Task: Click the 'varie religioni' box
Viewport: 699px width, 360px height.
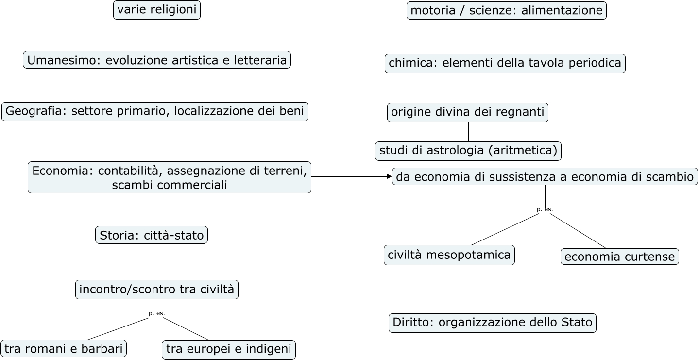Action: [157, 10]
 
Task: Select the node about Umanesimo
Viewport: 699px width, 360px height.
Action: [157, 60]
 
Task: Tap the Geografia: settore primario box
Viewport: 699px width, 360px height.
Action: [155, 111]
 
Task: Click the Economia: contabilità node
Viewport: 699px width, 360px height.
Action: [170, 177]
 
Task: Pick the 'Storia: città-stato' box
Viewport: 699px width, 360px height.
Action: [152, 235]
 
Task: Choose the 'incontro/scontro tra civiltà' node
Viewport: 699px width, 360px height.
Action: [157, 290]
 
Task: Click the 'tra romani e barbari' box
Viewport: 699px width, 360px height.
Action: [64, 348]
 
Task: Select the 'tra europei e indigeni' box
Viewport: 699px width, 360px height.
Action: [229, 349]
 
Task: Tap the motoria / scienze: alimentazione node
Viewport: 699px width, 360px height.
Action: [507, 10]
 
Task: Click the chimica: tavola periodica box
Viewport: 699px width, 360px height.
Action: [505, 63]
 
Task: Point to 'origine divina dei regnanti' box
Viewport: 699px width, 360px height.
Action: [468, 112]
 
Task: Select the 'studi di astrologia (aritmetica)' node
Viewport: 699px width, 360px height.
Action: [468, 151]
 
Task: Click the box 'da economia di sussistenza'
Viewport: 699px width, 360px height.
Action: [545, 177]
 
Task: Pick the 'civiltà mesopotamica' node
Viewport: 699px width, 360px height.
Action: [449, 255]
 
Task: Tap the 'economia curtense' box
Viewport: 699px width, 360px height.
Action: [620, 257]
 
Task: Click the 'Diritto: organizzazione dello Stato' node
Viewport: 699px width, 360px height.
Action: [493, 323]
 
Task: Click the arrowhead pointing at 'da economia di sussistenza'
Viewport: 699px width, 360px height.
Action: [389, 177]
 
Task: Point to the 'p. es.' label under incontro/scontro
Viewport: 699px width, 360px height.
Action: [157, 313]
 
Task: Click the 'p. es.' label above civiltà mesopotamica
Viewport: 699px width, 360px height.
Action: [545, 209]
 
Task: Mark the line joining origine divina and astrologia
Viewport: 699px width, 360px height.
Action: [468, 132]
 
